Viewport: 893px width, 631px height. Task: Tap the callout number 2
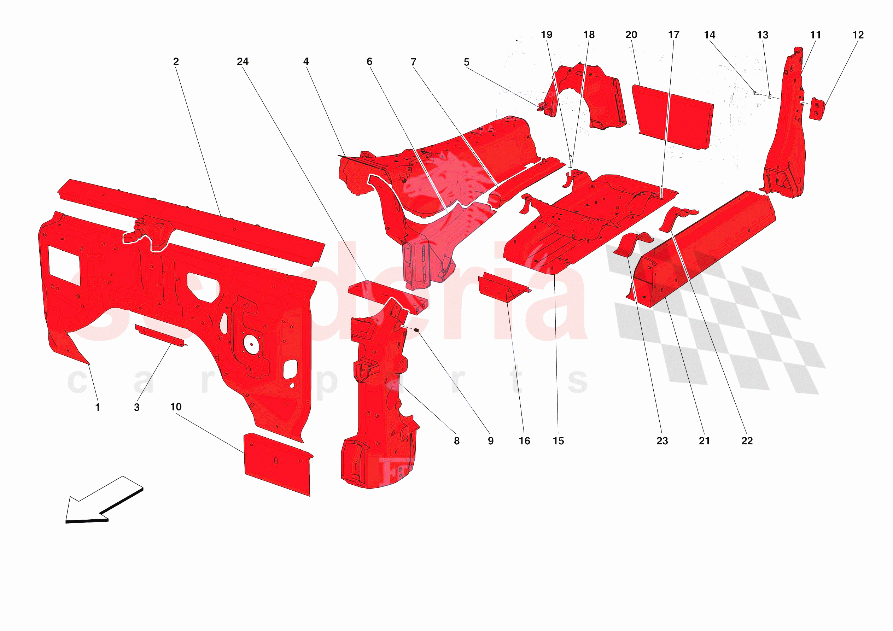[x=176, y=62]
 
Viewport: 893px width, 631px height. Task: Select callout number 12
[x=858, y=35]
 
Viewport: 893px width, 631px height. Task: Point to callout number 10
[x=176, y=407]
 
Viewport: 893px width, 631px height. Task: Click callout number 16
[x=524, y=441]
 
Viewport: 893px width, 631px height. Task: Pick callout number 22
[x=746, y=441]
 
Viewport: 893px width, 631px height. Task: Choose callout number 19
[x=546, y=35]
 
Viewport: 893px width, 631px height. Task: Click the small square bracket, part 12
[x=817, y=109]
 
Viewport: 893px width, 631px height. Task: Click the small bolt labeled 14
[x=754, y=93]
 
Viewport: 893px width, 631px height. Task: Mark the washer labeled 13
[x=770, y=96]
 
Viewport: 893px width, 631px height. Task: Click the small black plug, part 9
[x=416, y=330]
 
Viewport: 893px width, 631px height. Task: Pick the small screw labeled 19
[x=570, y=158]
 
